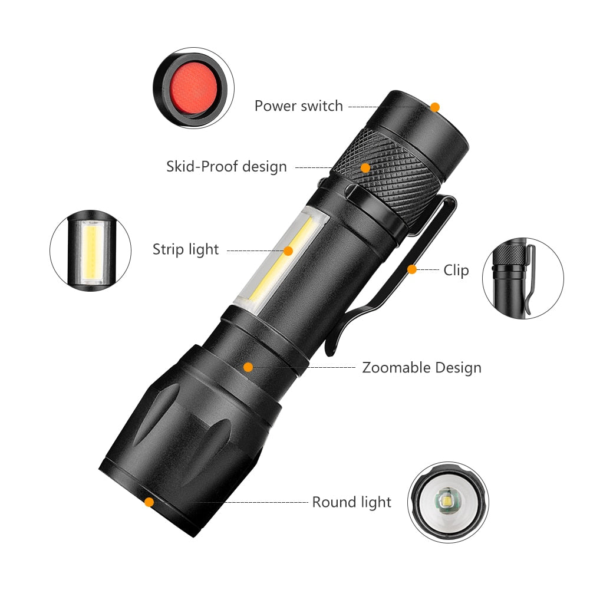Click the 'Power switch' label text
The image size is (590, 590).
tap(298, 106)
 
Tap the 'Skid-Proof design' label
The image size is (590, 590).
tap(226, 167)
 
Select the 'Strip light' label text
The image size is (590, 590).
tap(186, 249)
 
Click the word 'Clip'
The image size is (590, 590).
tap(456, 271)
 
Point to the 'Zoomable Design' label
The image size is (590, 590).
tap(421, 368)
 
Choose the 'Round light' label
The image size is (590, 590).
tap(351, 502)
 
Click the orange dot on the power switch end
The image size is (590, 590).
tap(435, 107)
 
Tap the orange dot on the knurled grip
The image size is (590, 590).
tap(365, 168)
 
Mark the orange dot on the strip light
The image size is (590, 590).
tap(288, 250)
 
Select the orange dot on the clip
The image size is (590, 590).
tap(412, 269)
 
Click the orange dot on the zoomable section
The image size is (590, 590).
tap(248, 367)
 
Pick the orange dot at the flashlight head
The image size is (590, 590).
tap(149, 502)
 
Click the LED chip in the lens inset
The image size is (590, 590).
tap(444, 502)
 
